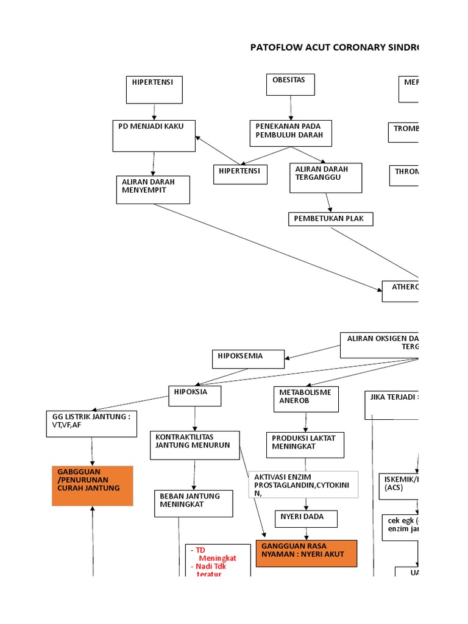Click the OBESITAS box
pyautogui.click(x=290, y=85)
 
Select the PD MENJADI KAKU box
pyautogui.click(x=154, y=135)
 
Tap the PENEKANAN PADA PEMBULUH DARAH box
pyautogui.click(x=291, y=133)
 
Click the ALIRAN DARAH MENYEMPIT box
pyautogui.click(x=153, y=190)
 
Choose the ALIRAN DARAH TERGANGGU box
pyautogui.click(x=325, y=177)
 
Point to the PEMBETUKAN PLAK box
pyautogui.click(x=330, y=219)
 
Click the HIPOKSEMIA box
pyautogui.click(x=247, y=359)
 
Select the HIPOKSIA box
pyautogui.click(x=194, y=395)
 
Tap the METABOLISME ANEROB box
pyautogui.click(x=305, y=399)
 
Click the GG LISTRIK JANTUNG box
pyautogui.click(x=91, y=424)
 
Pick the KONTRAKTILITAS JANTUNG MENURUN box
pyautogui.click(x=194, y=445)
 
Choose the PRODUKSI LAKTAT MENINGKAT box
pyautogui.click(x=305, y=445)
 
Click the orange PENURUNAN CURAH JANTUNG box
pyautogui.click(x=92, y=486)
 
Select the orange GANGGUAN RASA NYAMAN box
pyautogui.click(x=306, y=553)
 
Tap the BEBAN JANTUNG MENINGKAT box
pyautogui.click(x=193, y=503)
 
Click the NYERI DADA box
pyautogui.click(x=305, y=519)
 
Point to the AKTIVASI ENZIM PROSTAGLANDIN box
pyautogui.click(x=303, y=484)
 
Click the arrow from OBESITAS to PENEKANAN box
pyautogui.click(x=291, y=108)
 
